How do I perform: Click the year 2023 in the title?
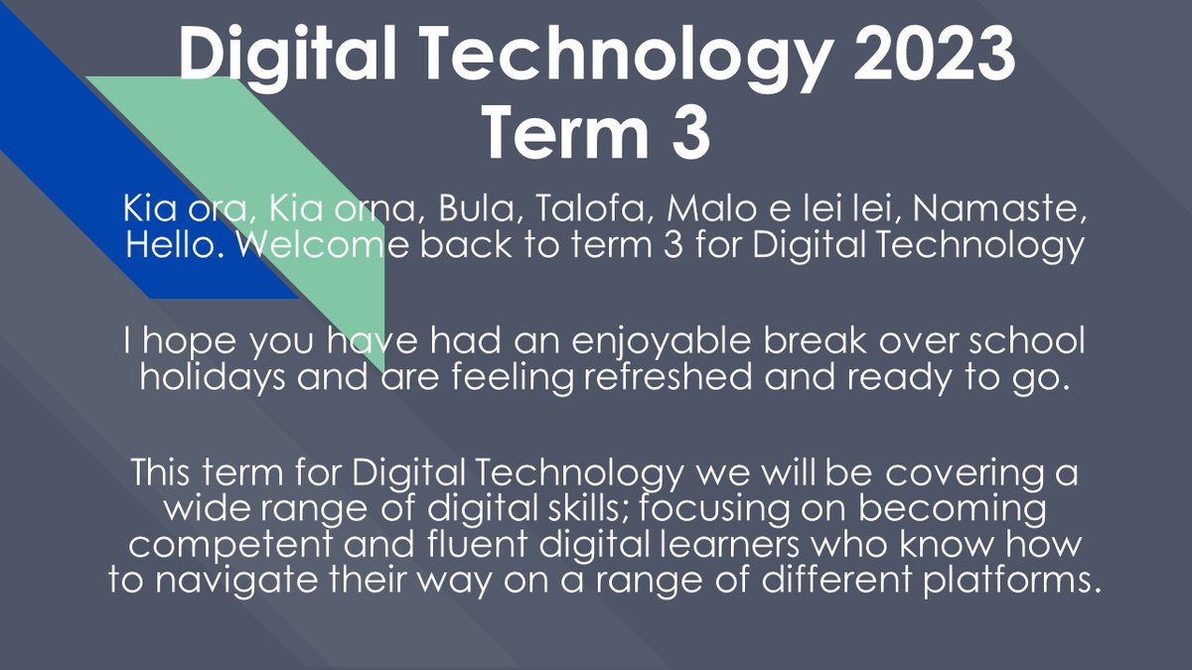935,54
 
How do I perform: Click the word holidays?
213,378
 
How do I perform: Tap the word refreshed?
668,376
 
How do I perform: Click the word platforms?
1011,581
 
